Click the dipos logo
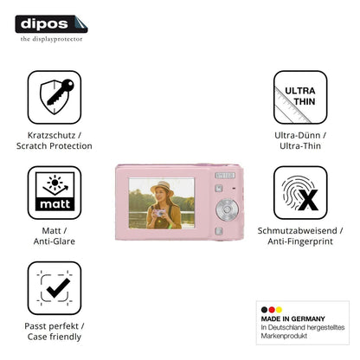(51, 24)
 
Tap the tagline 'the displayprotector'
(51, 39)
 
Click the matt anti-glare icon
(55, 192)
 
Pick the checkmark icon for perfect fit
(55, 288)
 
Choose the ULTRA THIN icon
(300, 97)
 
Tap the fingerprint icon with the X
(300, 192)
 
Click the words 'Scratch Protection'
(55, 146)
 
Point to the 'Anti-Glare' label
(55, 241)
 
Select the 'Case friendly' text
(55, 337)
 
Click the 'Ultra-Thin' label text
(300, 146)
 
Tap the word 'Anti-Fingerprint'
(300, 241)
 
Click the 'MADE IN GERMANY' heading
(292, 318)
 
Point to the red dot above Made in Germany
(272, 310)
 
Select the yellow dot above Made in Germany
(279, 310)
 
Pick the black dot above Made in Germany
(264, 310)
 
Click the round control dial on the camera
(228, 209)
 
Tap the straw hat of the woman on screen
(163, 188)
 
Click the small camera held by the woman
(159, 214)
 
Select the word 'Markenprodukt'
(284, 336)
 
